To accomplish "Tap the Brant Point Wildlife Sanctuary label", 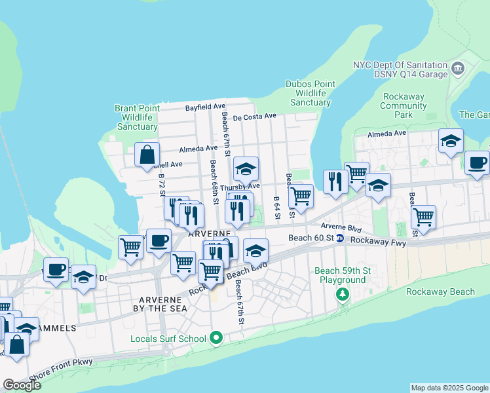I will tap(136, 117).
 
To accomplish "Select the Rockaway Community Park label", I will tap(403, 105).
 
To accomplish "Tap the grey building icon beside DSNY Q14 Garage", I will tap(458, 69).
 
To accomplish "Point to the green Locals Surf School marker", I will tap(217, 338).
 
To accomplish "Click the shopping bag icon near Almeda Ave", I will tap(147, 155).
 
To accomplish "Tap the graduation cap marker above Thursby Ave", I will tap(246, 170).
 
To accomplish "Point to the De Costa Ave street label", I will tap(255, 116).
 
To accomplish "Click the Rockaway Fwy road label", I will tap(379, 242).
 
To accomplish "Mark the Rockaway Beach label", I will tap(440, 291).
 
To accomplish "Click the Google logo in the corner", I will tap(22, 385).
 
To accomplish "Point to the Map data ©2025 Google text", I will tap(449, 388).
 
